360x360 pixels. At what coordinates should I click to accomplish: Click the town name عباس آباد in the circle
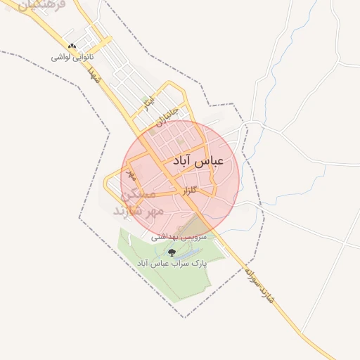click(x=197, y=161)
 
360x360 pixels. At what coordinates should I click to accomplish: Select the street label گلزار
click(x=202, y=191)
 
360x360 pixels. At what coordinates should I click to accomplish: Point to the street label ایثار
click(x=147, y=105)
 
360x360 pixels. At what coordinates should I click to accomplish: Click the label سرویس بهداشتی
click(x=180, y=238)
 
